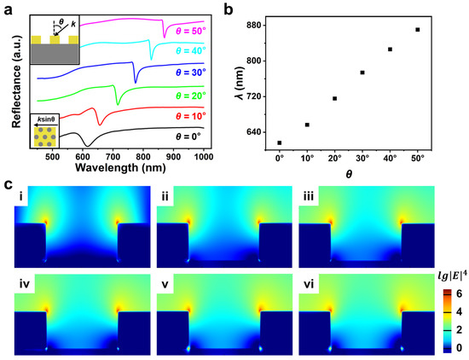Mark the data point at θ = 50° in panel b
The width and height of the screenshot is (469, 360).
coord(417,30)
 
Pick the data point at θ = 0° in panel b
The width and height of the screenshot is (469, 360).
coord(279,142)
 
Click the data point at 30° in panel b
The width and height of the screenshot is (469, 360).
coord(362,73)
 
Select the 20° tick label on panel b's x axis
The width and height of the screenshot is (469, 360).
coord(334,159)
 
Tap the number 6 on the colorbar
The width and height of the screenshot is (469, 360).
coord(451,292)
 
